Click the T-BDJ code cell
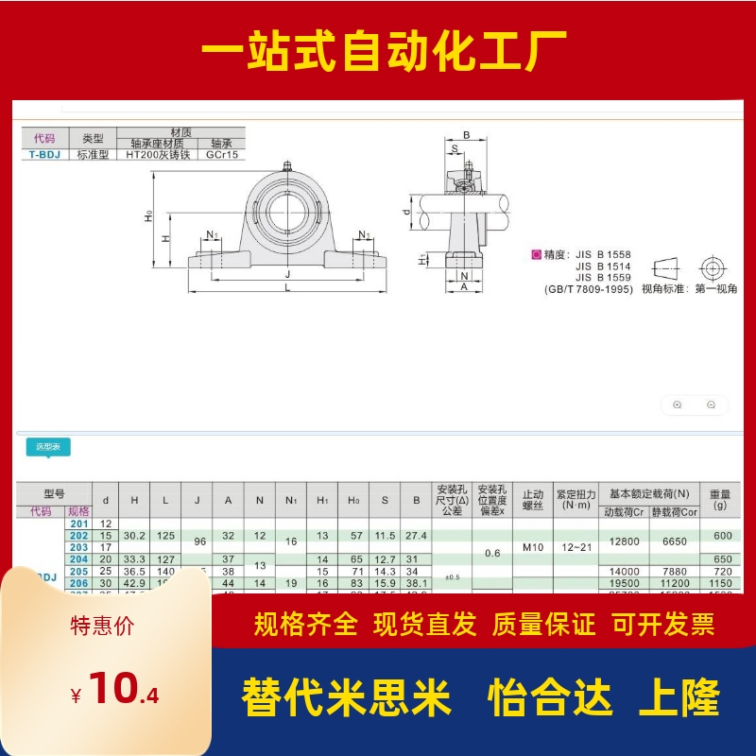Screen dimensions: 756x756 (43, 154)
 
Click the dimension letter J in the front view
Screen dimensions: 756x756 (286, 272)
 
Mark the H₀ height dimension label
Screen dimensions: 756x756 (148, 218)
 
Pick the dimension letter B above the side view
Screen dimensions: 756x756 (466, 135)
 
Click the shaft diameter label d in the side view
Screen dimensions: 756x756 (405, 213)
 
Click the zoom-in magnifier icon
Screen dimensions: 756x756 (677, 404)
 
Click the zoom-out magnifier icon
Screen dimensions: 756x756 (711, 404)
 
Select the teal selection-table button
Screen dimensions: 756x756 (47, 447)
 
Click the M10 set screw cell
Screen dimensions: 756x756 (532, 546)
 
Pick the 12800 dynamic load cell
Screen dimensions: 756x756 (625, 541)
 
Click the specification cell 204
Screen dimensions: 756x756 (78, 558)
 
